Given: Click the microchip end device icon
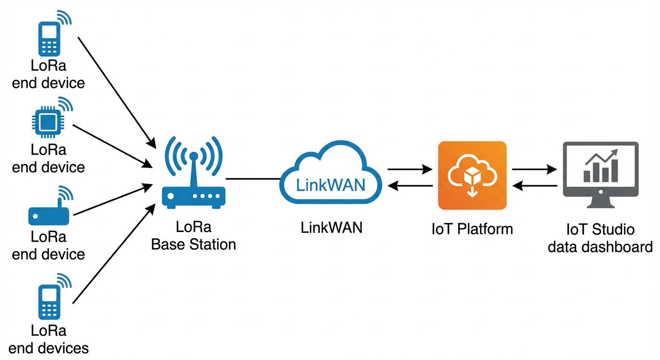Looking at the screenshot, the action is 48,122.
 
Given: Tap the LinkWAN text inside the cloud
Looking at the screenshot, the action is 330,185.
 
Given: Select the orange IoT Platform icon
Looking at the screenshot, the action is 472,175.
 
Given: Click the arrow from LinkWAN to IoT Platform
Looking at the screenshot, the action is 410,169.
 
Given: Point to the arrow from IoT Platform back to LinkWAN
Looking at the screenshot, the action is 410,186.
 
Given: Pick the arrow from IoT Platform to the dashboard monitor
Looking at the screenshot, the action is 534,169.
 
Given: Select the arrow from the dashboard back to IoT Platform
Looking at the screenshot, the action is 534,186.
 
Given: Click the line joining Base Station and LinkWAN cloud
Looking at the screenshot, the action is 253,179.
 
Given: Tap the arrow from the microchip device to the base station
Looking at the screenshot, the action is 112,146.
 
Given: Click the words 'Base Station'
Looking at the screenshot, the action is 194,245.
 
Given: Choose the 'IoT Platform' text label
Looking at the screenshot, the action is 472,229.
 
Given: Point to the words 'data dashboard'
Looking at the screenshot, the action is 600,247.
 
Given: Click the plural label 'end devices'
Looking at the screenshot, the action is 49,348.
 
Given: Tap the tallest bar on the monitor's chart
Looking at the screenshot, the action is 615,171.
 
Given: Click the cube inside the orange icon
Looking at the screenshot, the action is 472,176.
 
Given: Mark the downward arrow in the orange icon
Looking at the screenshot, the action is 472,192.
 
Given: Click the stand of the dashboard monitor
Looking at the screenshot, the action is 601,202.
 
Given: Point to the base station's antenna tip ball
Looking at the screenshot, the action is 194,156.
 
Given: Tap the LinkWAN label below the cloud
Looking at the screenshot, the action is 331,228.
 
